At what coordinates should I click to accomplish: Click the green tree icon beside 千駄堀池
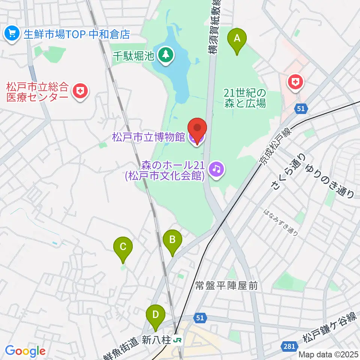coord(165,55)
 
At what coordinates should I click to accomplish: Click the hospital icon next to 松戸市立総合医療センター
coord(80,91)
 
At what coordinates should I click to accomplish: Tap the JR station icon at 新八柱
coord(177,340)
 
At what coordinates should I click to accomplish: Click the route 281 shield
coord(289,346)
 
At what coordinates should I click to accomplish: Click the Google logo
coord(25,351)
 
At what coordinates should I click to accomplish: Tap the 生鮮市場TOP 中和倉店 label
coord(76,34)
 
